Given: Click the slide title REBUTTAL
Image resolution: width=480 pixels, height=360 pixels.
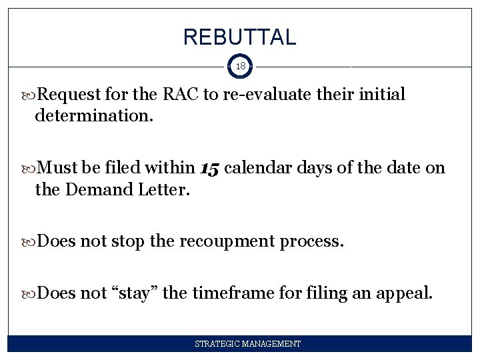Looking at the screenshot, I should click(x=239, y=37).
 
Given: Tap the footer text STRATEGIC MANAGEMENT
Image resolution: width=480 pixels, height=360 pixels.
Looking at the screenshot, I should click(x=247, y=344).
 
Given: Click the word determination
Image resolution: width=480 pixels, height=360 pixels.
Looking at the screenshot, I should click(x=93, y=116).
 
